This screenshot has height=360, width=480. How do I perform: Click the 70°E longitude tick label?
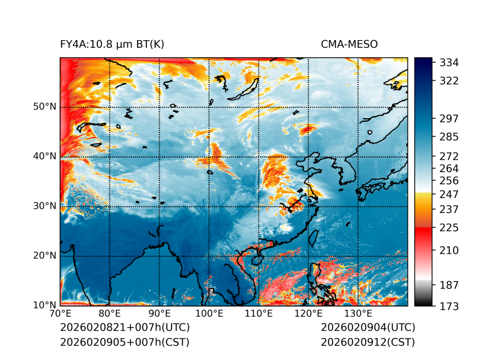point(60,314)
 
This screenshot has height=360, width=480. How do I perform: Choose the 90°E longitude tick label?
point(160,314)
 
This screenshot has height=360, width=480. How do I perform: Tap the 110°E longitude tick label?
point(258,314)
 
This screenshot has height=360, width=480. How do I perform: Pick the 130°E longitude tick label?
point(357,314)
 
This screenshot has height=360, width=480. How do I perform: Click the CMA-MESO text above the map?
point(349,44)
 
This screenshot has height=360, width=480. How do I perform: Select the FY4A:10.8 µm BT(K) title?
point(112,44)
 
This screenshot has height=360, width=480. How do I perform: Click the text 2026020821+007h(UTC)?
point(124,328)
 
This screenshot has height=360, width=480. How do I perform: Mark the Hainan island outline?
point(256,259)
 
